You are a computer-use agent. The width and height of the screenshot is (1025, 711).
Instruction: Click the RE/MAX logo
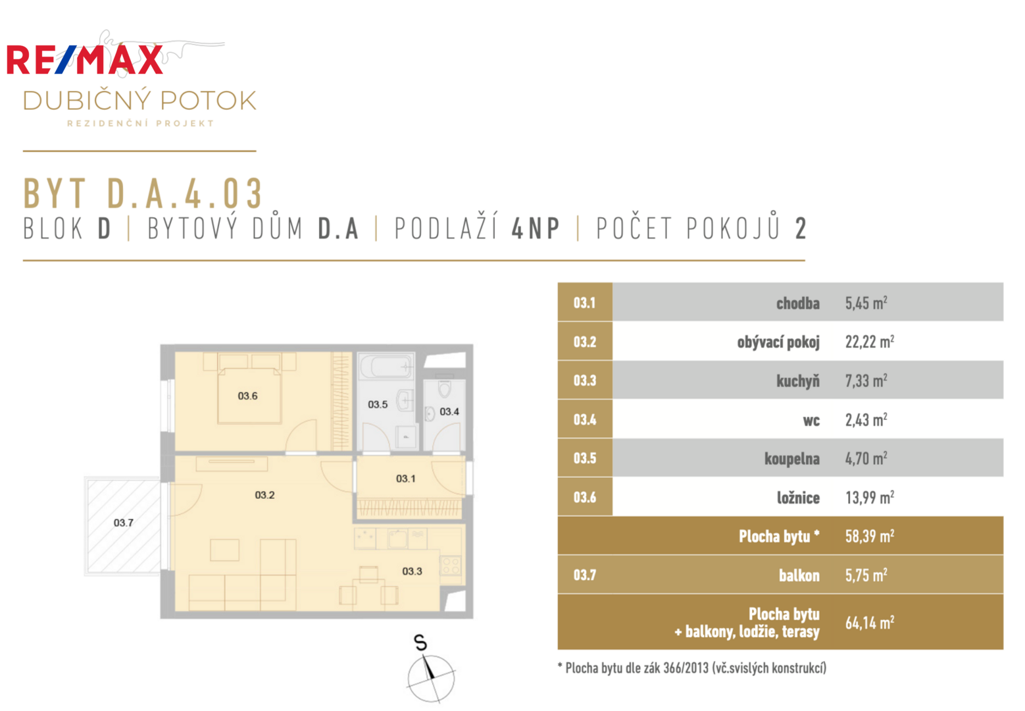click(85, 59)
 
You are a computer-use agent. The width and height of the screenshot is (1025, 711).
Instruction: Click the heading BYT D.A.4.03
click(143, 194)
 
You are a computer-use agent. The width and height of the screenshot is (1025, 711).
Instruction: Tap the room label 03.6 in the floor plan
click(247, 396)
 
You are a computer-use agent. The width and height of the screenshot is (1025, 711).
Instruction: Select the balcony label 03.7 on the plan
click(124, 523)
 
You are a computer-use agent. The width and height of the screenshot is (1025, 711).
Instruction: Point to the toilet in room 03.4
click(445, 388)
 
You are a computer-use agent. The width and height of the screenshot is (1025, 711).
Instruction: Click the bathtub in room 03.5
click(387, 367)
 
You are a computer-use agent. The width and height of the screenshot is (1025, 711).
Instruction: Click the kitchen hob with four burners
click(450, 566)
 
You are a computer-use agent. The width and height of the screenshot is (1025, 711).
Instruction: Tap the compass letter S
click(420, 643)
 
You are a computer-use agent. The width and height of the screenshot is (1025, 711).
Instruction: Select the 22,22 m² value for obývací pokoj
click(870, 342)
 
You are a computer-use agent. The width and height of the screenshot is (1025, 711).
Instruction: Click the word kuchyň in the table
click(798, 381)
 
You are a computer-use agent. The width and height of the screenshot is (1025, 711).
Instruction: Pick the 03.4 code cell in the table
click(585, 419)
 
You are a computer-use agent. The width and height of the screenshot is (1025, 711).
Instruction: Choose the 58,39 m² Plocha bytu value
click(870, 536)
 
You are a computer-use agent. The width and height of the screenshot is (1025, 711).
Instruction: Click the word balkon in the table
click(799, 575)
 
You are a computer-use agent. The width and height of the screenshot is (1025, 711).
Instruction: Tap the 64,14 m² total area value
click(870, 623)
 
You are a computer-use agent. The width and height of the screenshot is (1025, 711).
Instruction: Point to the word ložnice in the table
click(799, 498)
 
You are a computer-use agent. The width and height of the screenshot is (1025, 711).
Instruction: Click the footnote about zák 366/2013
click(692, 668)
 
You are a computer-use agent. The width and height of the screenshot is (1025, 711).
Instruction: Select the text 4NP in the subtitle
click(536, 228)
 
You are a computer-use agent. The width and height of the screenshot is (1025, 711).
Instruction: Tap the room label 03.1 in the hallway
click(406, 479)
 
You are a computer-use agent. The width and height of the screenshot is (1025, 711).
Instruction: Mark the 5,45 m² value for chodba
click(866, 303)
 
